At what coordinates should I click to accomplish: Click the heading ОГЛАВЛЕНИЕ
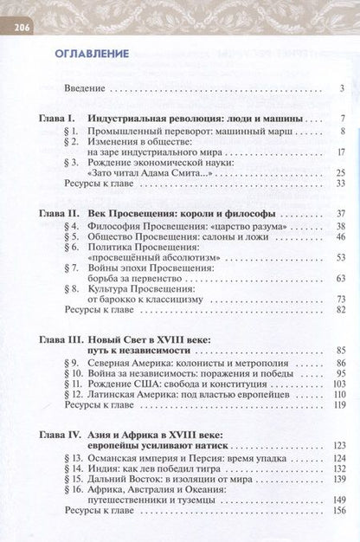pos(92,53)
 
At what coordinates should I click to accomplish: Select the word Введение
pos(85,88)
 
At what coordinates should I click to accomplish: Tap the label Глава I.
pos(58,118)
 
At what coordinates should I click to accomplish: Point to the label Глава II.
pos(60,213)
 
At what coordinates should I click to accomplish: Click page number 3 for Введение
pos(343,88)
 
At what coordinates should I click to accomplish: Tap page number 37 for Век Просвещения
pos(341,213)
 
